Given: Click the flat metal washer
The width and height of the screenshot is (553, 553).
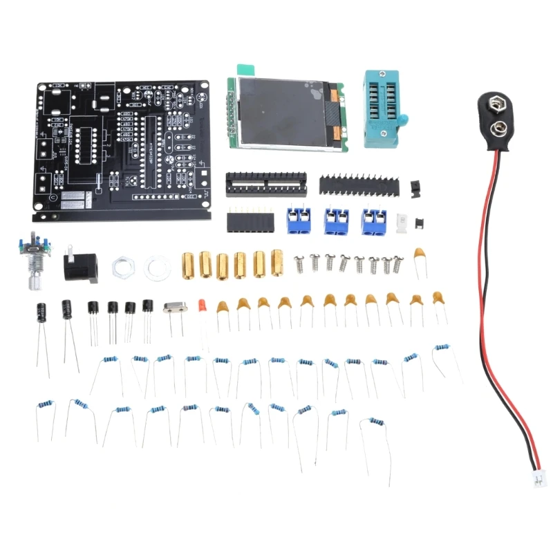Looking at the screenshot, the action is pos(156,267).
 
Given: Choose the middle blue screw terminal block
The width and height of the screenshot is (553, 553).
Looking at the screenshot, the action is pos(336,221).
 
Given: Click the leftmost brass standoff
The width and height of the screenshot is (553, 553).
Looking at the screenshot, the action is pos(188,263).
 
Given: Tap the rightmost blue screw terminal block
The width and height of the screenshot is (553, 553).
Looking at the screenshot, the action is pos(373,221).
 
